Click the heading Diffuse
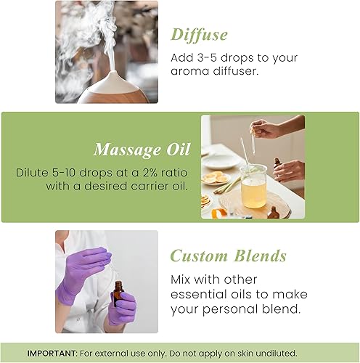(199, 34)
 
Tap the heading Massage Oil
(142, 150)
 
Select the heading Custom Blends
(228, 256)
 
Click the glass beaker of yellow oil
(253, 191)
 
